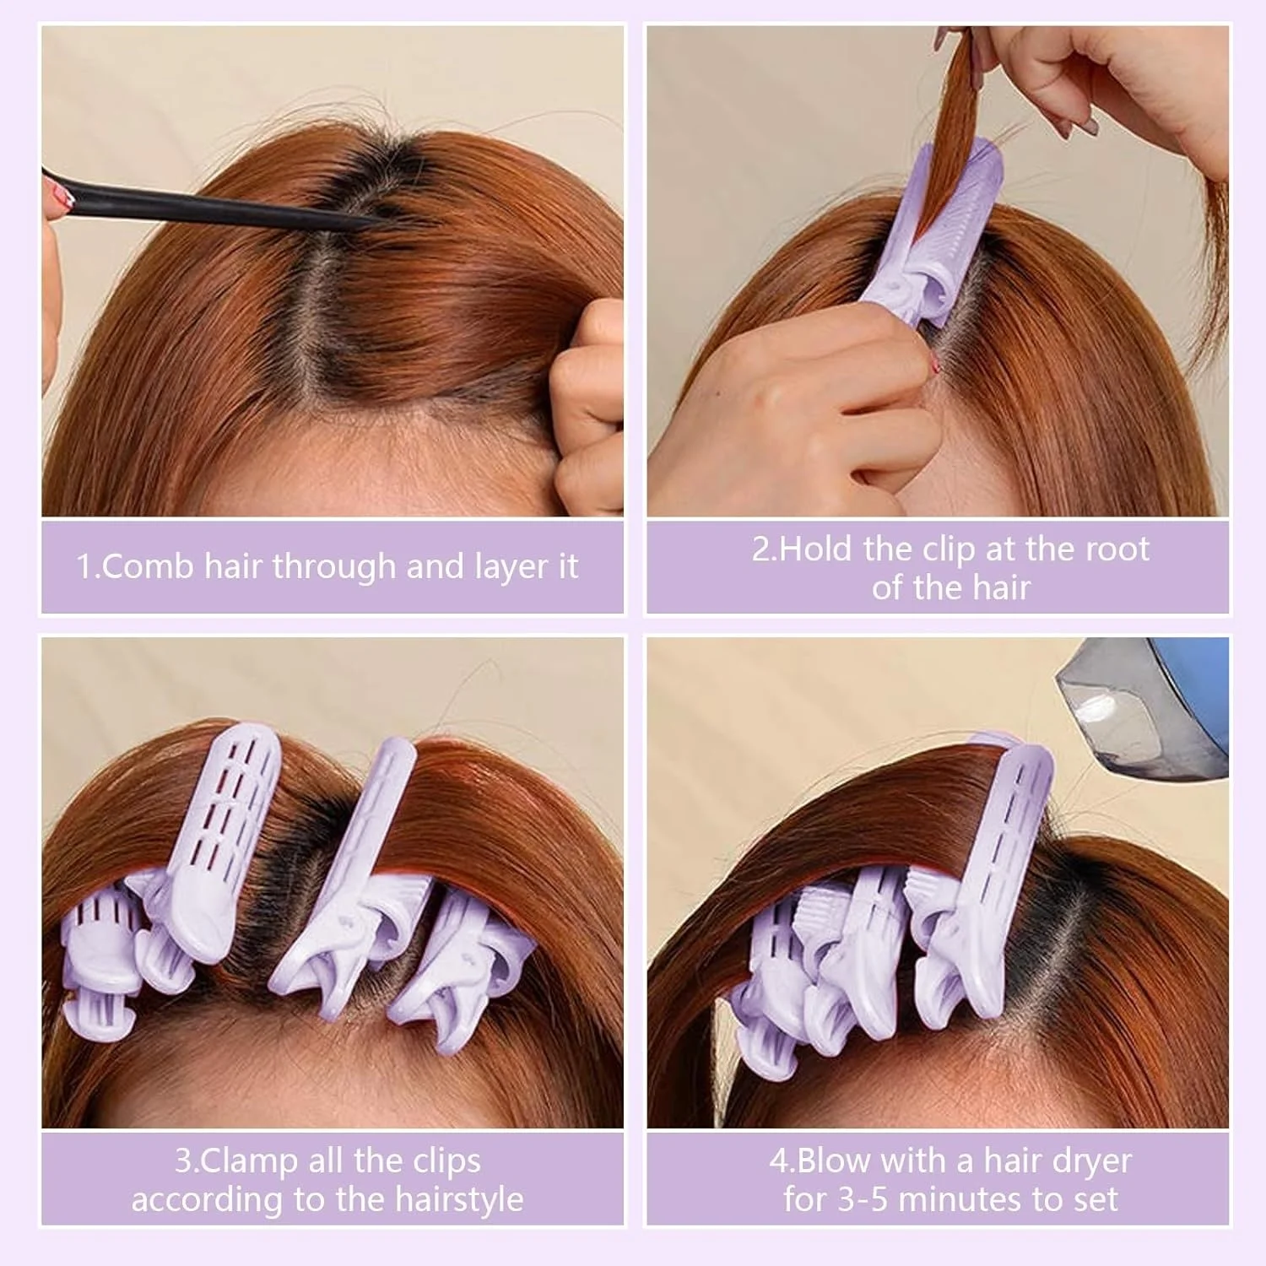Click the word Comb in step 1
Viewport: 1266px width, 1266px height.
[x=149, y=566]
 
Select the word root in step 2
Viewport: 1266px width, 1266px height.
[x=1117, y=549]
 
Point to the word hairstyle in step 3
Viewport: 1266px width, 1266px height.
[x=452, y=1199]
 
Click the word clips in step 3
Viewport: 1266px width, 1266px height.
[x=440, y=1161]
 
